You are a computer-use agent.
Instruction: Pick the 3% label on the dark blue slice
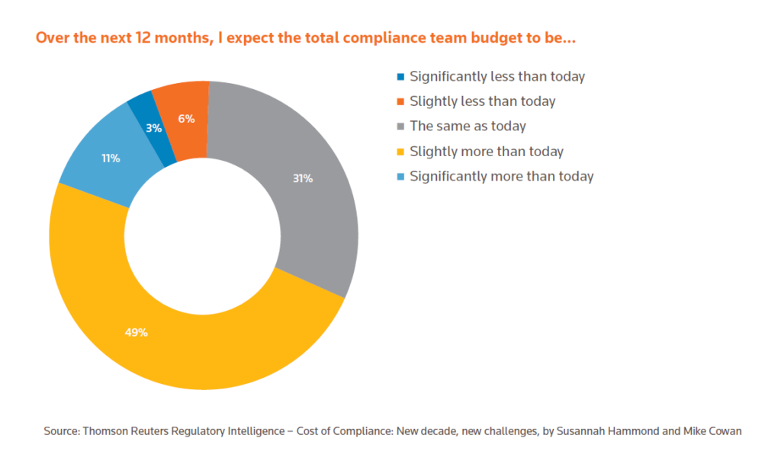pyautogui.click(x=154, y=128)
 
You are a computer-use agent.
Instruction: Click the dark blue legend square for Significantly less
pyautogui.click(x=400, y=76)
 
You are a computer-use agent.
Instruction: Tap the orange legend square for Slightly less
pyautogui.click(x=400, y=101)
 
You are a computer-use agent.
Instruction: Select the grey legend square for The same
pyautogui.click(x=400, y=126)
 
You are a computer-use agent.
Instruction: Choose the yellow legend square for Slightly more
pyautogui.click(x=400, y=152)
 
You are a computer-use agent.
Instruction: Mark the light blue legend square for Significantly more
pyautogui.click(x=400, y=177)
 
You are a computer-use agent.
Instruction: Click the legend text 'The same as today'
pyautogui.click(x=468, y=126)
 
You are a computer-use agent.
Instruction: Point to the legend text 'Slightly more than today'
pyautogui.click(x=486, y=151)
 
